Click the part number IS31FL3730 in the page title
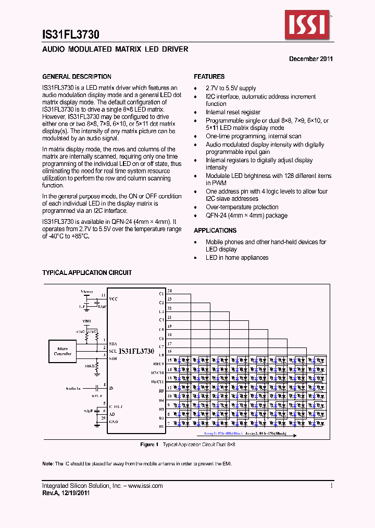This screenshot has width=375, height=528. [x=70, y=35]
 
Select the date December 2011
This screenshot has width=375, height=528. [x=311, y=59]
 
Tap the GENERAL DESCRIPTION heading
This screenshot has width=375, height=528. [x=77, y=77]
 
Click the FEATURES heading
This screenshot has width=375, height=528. [x=209, y=77]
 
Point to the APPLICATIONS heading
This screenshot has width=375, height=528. [x=215, y=231]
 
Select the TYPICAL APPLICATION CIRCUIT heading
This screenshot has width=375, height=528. [x=87, y=273]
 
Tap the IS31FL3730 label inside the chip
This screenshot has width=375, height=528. [x=136, y=352]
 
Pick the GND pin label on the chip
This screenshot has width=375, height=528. [x=113, y=422]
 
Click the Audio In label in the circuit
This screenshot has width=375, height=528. [x=73, y=388]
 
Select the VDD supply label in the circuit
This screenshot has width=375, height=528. [x=86, y=320]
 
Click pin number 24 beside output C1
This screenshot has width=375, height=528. [x=169, y=291]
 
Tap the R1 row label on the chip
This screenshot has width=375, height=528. [x=161, y=427]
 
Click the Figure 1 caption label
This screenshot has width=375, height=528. [x=149, y=445]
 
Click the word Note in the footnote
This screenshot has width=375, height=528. [x=47, y=464]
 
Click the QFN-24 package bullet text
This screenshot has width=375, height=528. [x=246, y=215]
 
